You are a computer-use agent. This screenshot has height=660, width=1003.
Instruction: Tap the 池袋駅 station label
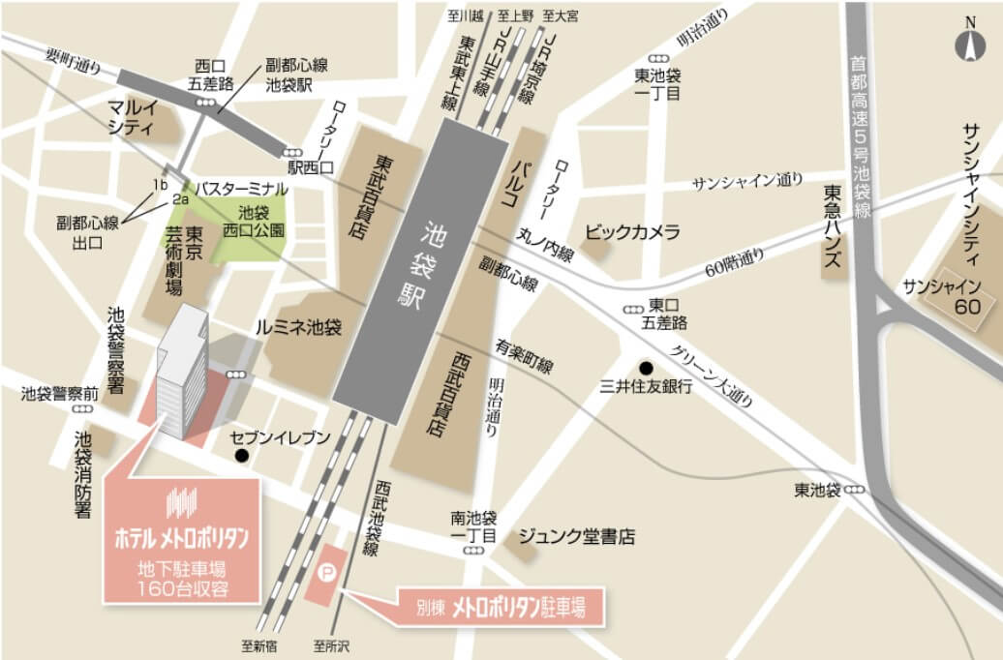pos(418,264)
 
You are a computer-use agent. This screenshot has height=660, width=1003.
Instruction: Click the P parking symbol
pos(327,574)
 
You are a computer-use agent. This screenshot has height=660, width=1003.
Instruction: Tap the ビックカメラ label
pos(632,232)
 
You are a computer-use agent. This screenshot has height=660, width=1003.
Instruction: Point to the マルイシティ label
pos(132,116)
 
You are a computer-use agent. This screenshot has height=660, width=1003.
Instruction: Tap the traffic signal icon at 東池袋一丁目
pos(657,58)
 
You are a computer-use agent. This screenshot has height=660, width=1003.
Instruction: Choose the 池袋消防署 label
pos(84,474)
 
